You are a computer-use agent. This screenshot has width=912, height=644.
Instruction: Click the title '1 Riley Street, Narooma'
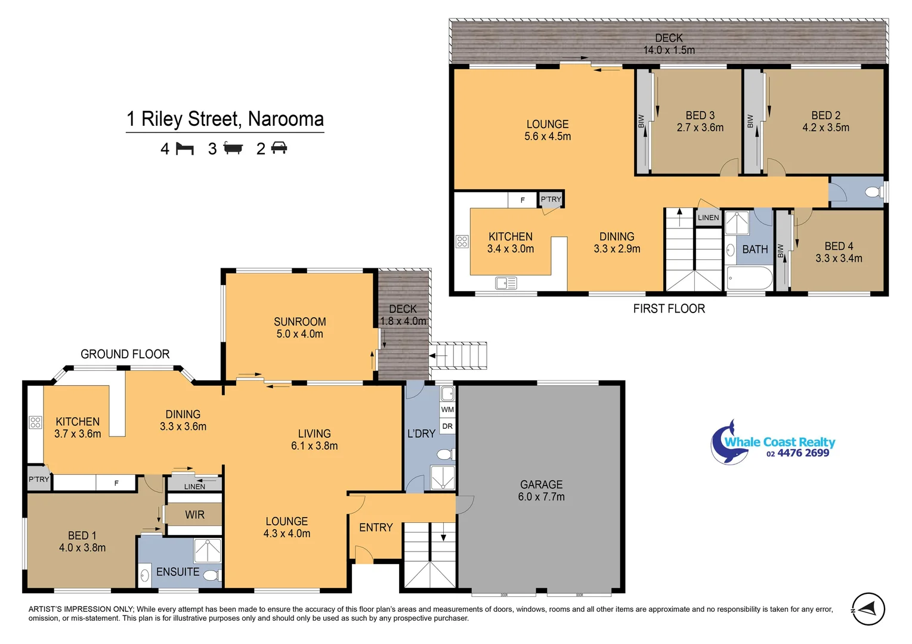225,119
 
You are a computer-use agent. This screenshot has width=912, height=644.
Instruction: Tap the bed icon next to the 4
185,148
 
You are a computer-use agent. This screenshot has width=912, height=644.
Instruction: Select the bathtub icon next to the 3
233,148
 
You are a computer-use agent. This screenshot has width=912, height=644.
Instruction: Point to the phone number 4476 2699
802,453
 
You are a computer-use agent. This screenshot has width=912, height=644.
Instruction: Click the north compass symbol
868,609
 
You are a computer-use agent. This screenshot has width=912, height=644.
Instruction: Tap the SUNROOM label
299,322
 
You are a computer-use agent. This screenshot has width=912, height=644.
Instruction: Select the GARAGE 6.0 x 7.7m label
541,490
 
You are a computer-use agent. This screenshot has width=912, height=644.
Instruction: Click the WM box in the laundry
447,410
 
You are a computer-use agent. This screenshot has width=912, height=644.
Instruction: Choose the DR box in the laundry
447,426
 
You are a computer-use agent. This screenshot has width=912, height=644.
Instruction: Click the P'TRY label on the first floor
551,199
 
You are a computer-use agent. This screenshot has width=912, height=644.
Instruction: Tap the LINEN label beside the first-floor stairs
708,218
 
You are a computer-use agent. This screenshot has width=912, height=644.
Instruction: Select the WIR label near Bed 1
194,515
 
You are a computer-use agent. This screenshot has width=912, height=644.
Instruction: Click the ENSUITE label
178,572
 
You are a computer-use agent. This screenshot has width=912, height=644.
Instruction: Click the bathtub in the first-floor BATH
750,278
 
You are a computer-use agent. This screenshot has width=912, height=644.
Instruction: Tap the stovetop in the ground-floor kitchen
35,423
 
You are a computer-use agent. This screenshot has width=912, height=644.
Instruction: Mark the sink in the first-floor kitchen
506,283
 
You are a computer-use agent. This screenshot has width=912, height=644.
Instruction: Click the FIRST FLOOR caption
669,308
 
